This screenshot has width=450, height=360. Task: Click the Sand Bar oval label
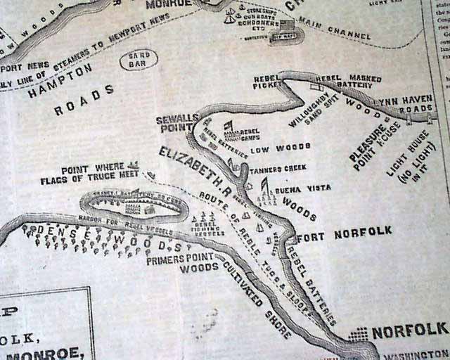(139, 60)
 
